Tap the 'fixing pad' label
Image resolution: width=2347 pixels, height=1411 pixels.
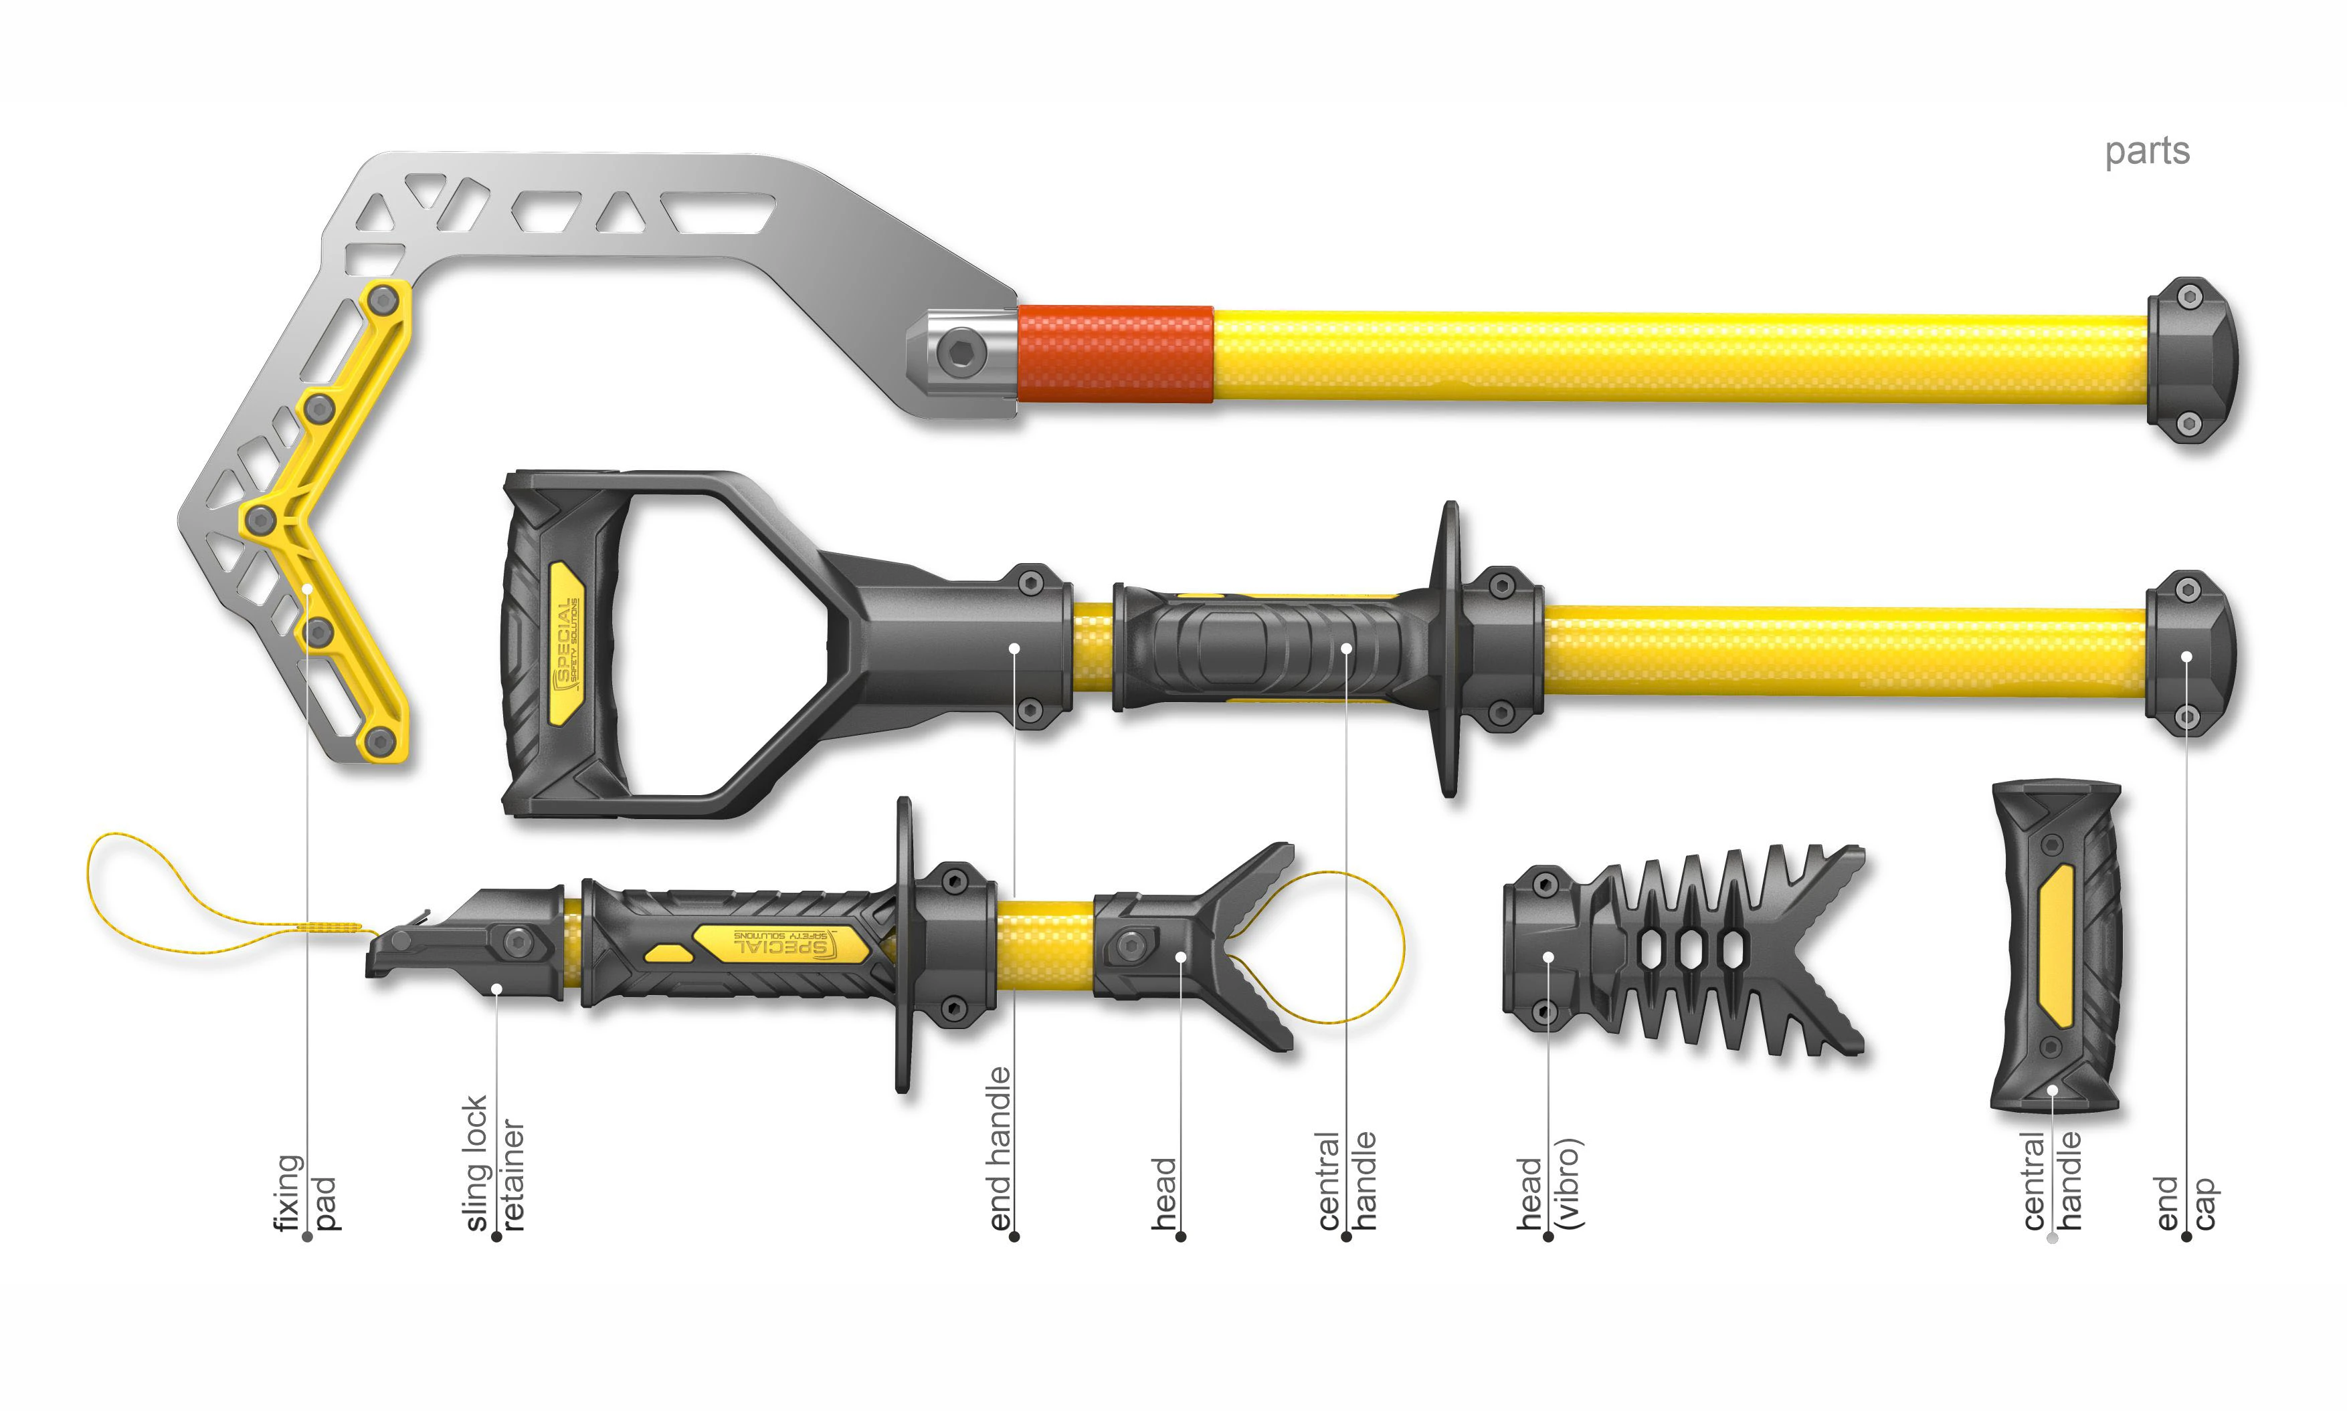click(304, 1192)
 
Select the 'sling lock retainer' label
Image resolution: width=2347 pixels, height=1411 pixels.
click(494, 1164)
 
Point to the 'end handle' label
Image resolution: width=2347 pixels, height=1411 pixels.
click(998, 1149)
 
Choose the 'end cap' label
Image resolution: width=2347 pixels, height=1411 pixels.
click(2186, 1203)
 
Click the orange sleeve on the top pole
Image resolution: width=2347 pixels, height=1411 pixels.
click(1115, 354)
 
